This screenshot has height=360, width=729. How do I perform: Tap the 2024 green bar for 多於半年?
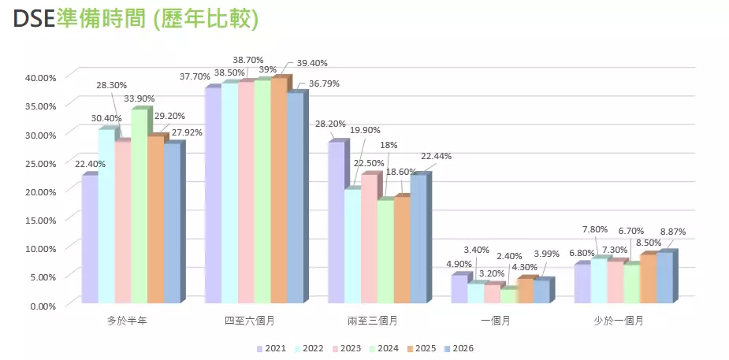139,206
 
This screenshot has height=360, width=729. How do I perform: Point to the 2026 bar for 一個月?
541,291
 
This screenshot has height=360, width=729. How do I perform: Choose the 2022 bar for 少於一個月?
601,280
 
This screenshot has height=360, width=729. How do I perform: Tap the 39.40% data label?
311,63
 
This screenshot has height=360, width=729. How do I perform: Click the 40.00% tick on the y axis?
40,77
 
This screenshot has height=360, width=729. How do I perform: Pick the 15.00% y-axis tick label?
40,220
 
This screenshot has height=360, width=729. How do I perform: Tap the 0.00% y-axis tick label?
43,305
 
